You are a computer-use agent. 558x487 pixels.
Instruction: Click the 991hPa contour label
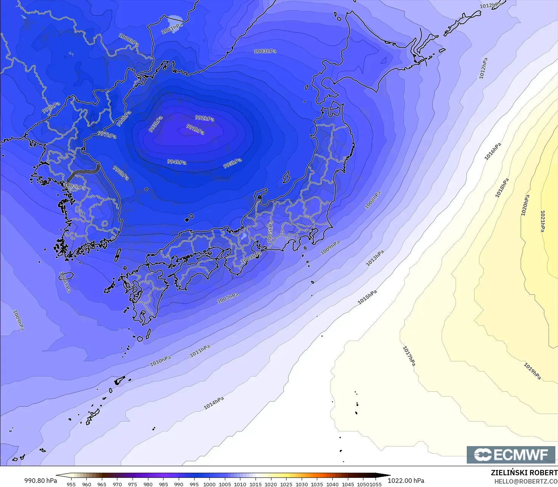click(x=195, y=129)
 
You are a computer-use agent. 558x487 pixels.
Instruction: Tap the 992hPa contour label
click(x=204, y=118)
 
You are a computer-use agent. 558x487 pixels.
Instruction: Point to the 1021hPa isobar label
click(x=542, y=221)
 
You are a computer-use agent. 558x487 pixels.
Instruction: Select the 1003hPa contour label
click(x=265, y=51)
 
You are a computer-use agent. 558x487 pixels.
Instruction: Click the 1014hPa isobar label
click(x=214, y=403)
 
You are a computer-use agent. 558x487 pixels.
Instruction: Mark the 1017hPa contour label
click(x=409, y=356)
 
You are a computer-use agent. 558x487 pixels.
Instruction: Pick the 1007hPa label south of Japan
click(x=228, y=298)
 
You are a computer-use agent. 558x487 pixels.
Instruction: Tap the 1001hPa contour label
click(x=172, y=29)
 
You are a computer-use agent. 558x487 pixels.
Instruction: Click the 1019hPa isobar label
click(x=532, y=371)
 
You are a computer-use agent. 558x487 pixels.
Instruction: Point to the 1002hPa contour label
click(x=75, y=187)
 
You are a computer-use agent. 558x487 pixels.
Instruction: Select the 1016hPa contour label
click(x=493, y=151)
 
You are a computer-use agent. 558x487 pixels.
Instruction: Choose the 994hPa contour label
click(x=177, y=162)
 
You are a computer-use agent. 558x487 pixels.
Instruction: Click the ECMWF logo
click(x=511, y=455)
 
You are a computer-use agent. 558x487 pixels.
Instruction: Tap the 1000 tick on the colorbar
click(x=209, y=484)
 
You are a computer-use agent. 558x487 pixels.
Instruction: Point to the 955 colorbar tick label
click(x=71, y=484)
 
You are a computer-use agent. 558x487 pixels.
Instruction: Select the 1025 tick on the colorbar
click(x=286, y=484)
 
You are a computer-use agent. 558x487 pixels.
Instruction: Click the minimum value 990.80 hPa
click(x=41, y=481)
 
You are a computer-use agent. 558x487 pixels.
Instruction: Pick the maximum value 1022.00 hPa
click(x=406, y=481)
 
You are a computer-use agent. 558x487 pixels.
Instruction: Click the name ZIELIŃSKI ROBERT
click(x=524, y=473)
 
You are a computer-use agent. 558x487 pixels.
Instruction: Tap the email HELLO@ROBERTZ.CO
click(x=526, y=481)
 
